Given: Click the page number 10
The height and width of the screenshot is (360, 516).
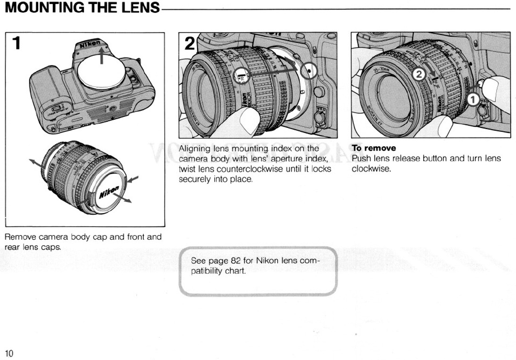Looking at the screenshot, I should [x=9, y=353].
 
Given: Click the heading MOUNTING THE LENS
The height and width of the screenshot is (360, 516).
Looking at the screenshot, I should [x=82, y=8].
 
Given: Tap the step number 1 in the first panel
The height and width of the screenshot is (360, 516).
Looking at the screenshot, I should [x=17, y=43].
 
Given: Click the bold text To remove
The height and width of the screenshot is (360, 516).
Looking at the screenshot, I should [x=374, y=148].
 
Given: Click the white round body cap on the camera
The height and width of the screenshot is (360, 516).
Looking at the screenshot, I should [x=102, y=70].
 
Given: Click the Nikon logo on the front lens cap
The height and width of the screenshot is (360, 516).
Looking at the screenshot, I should [x=108, y=191].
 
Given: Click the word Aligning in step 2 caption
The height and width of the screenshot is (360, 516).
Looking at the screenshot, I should [x=194, y=148].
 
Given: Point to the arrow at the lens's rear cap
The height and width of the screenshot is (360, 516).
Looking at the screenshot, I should [x=35, y=163].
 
